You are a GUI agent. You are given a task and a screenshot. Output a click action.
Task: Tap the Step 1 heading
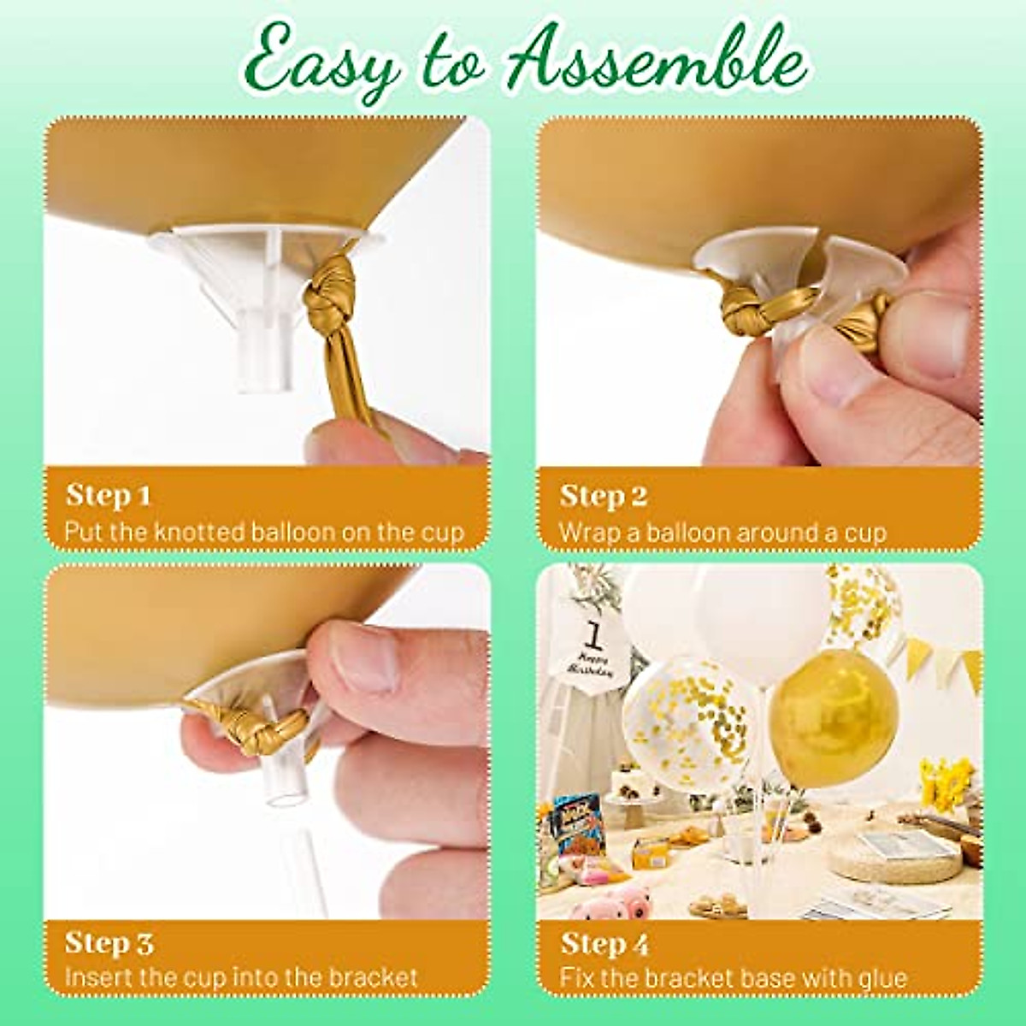(x=109, y=495)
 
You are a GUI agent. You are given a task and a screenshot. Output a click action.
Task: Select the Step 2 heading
(x=604, y=496)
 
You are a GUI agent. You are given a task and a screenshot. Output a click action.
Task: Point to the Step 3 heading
(x=109, y=944)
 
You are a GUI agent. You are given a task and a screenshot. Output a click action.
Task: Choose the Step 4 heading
(x=604, y=944)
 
